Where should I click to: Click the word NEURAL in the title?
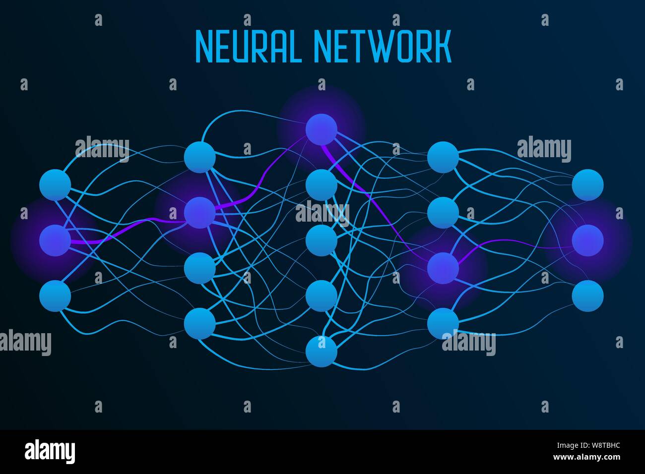pos(248,47)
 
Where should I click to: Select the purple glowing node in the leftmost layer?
pos(55,240)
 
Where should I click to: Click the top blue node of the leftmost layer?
pos(55,185)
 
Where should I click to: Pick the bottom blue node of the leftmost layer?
pos(55,296)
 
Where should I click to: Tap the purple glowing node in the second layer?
pos(199,213)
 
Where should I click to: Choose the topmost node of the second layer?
pos(199,157)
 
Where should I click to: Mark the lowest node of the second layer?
pos(199,323)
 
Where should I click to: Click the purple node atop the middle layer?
pos(322,129)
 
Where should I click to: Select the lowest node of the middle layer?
pos(322,352)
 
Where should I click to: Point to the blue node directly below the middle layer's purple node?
pos(322,185)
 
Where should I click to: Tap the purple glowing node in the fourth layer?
pos(443,268)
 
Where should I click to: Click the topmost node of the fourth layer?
pos(443,157)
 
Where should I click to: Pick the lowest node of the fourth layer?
pos(443,323)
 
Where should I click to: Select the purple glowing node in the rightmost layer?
pos(587,240)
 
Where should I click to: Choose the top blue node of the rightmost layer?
pos(587,185)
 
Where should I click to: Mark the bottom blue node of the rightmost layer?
pos(587,296)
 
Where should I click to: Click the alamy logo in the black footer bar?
pos(50,451)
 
